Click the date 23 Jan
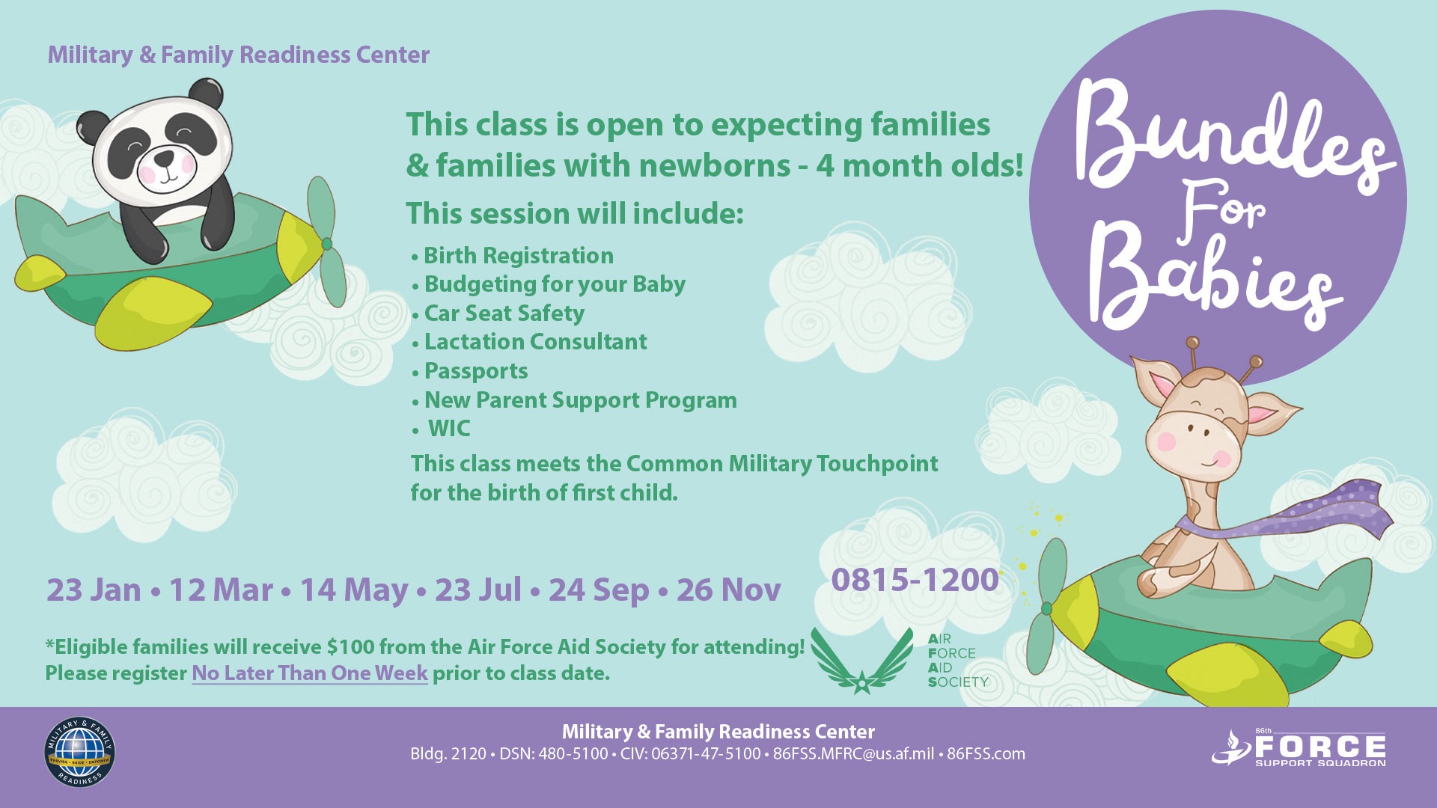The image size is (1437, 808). [94, 590]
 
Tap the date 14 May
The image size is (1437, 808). [354, 591]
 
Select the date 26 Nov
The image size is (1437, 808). [729, 590]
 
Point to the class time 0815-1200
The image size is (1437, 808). [915, 580]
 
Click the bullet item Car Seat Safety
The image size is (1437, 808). [504, 313]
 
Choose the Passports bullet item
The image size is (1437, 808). [476, 371]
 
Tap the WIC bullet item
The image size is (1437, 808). [449, 429]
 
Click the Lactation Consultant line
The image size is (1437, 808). [535, 342]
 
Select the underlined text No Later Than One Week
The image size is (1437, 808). [310, 673]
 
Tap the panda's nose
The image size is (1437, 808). [165, 159]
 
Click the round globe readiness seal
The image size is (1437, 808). [80, 753]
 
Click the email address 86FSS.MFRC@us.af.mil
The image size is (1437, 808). [853, 754]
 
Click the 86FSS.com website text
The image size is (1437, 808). [986, 754]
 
